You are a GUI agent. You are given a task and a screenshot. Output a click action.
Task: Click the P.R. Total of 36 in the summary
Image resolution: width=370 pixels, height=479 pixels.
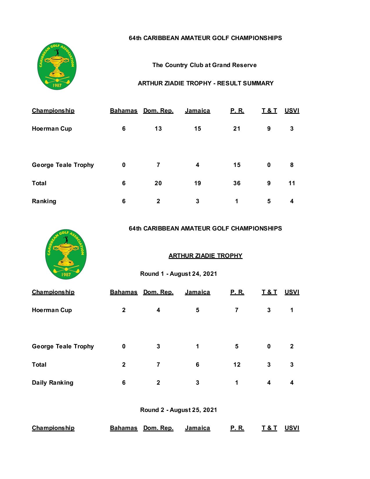click(x=237, y=183)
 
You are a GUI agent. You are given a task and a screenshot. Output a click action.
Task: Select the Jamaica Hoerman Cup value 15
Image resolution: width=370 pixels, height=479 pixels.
click(x=197, y=129)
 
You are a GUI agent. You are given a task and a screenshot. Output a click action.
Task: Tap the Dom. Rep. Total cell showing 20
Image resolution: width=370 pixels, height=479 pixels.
click(x=158, y=183)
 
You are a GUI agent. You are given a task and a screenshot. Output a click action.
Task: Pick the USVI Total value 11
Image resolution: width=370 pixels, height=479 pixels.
click(x=292, y=183)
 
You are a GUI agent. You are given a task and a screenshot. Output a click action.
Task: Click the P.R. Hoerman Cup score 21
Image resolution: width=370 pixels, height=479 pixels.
click(x=237, y=129)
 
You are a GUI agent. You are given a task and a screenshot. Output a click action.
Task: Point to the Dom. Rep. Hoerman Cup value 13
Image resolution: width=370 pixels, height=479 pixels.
click(x=158, y=129)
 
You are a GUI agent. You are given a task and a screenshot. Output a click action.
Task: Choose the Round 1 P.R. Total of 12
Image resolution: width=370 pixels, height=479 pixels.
click(x=237, y=365)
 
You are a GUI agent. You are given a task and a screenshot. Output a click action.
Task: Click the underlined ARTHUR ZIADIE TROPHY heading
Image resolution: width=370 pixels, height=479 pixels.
click(x=205, y=256)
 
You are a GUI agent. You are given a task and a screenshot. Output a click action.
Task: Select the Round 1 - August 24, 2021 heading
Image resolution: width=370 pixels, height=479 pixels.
click(x=178, y=274)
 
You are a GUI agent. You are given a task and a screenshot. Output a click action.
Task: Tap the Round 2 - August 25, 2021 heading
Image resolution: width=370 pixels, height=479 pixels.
click(x=178, y=410)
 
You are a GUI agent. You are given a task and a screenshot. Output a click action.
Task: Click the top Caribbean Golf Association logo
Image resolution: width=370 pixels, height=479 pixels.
click(x=57, y=66)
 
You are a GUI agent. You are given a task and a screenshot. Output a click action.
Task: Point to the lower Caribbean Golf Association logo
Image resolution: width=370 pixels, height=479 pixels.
click(x=66, y=255)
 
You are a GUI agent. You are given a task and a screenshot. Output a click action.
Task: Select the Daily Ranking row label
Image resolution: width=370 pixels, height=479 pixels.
click(x=53, y=383)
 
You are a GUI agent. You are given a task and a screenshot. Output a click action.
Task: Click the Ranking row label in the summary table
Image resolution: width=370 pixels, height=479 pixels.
click(x=44, y=201)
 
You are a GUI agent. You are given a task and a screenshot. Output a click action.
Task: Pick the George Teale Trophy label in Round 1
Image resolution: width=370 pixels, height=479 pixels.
click(x=63, y=346)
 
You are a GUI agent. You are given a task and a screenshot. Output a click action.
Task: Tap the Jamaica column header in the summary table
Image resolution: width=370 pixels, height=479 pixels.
click(x=197, y=111)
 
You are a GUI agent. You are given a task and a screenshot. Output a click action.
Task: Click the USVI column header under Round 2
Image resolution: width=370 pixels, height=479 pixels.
click(x=292, y=428)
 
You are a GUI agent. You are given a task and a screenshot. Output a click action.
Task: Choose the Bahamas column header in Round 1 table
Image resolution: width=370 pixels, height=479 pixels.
click(x=124, y=292)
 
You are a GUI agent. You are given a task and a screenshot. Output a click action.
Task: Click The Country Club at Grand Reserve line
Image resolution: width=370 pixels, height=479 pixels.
click(x=204, y=65)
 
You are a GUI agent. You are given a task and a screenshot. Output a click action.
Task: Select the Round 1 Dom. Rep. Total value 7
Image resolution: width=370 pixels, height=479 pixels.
click(x=158, y=365)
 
